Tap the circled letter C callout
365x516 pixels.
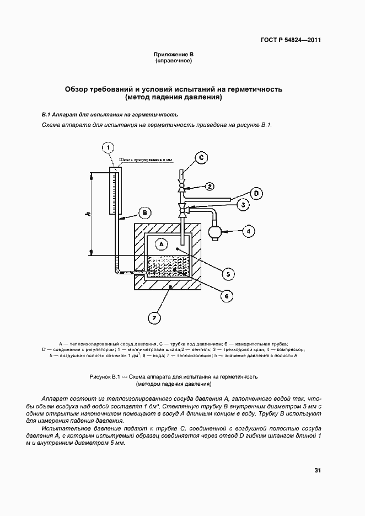click(201, 158)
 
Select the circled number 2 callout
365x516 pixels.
click(210, 186)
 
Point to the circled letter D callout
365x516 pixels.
click(256, 193)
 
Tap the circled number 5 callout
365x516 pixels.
click(226, 274)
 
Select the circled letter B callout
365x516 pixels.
click(144, 212)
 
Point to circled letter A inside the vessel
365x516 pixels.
click(161, 243)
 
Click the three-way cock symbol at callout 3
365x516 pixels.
click(182, 209)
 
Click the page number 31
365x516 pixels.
click(318, 471)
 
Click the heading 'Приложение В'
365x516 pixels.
click(173, 54)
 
